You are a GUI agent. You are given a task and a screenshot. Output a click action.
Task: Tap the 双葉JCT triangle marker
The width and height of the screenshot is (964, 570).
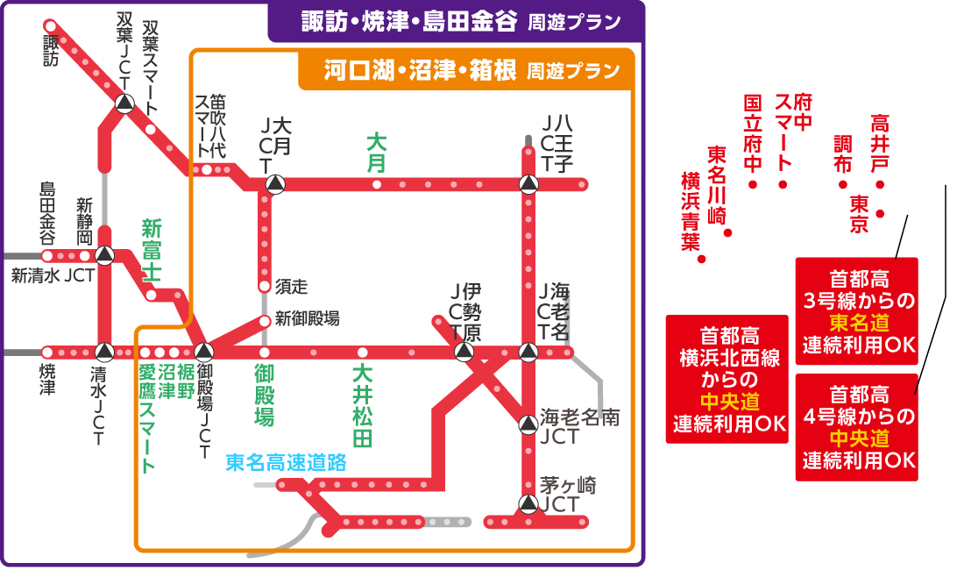(124, 103)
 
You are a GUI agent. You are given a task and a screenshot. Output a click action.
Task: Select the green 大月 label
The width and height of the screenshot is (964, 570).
(376, 153)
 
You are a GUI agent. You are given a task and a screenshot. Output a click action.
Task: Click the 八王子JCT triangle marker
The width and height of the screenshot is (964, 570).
(528, 184)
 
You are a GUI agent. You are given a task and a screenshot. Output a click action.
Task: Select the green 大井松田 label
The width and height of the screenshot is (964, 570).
(361, 405)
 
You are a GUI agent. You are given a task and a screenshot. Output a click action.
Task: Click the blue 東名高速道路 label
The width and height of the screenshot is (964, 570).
(286, 463)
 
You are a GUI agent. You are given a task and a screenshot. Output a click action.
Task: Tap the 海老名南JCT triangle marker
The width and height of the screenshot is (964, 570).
(528, 424)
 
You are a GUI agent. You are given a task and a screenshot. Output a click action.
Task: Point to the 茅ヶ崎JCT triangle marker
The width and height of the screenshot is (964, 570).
(528, 503)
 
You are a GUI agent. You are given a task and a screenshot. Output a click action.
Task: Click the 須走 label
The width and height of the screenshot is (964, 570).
(292, 286)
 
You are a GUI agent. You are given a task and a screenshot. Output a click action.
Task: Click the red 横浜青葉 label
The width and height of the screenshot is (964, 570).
(693, 210)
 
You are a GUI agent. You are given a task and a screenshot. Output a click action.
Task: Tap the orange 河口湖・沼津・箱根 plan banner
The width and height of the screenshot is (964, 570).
(465, 71)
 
